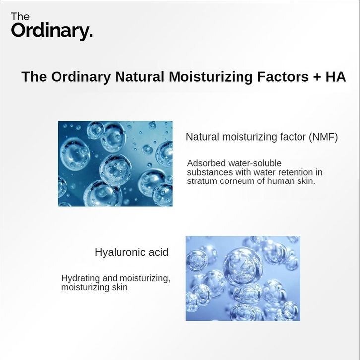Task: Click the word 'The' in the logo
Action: click(x=20, y=17)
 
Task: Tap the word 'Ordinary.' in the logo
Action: click(x=52, y=31)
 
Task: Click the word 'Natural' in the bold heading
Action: click(x=139, y=77)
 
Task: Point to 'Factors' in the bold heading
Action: click(x=283, y=77)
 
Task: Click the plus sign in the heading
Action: click(x=317, y=77)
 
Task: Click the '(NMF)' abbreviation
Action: click(x=323, y=137)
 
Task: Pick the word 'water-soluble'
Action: click(x=254, y=163)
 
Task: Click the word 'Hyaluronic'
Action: click(x=120, y=253)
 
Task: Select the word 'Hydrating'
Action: click(x=81, y=279)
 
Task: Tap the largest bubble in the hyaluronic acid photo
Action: click(x=243, y=267)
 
